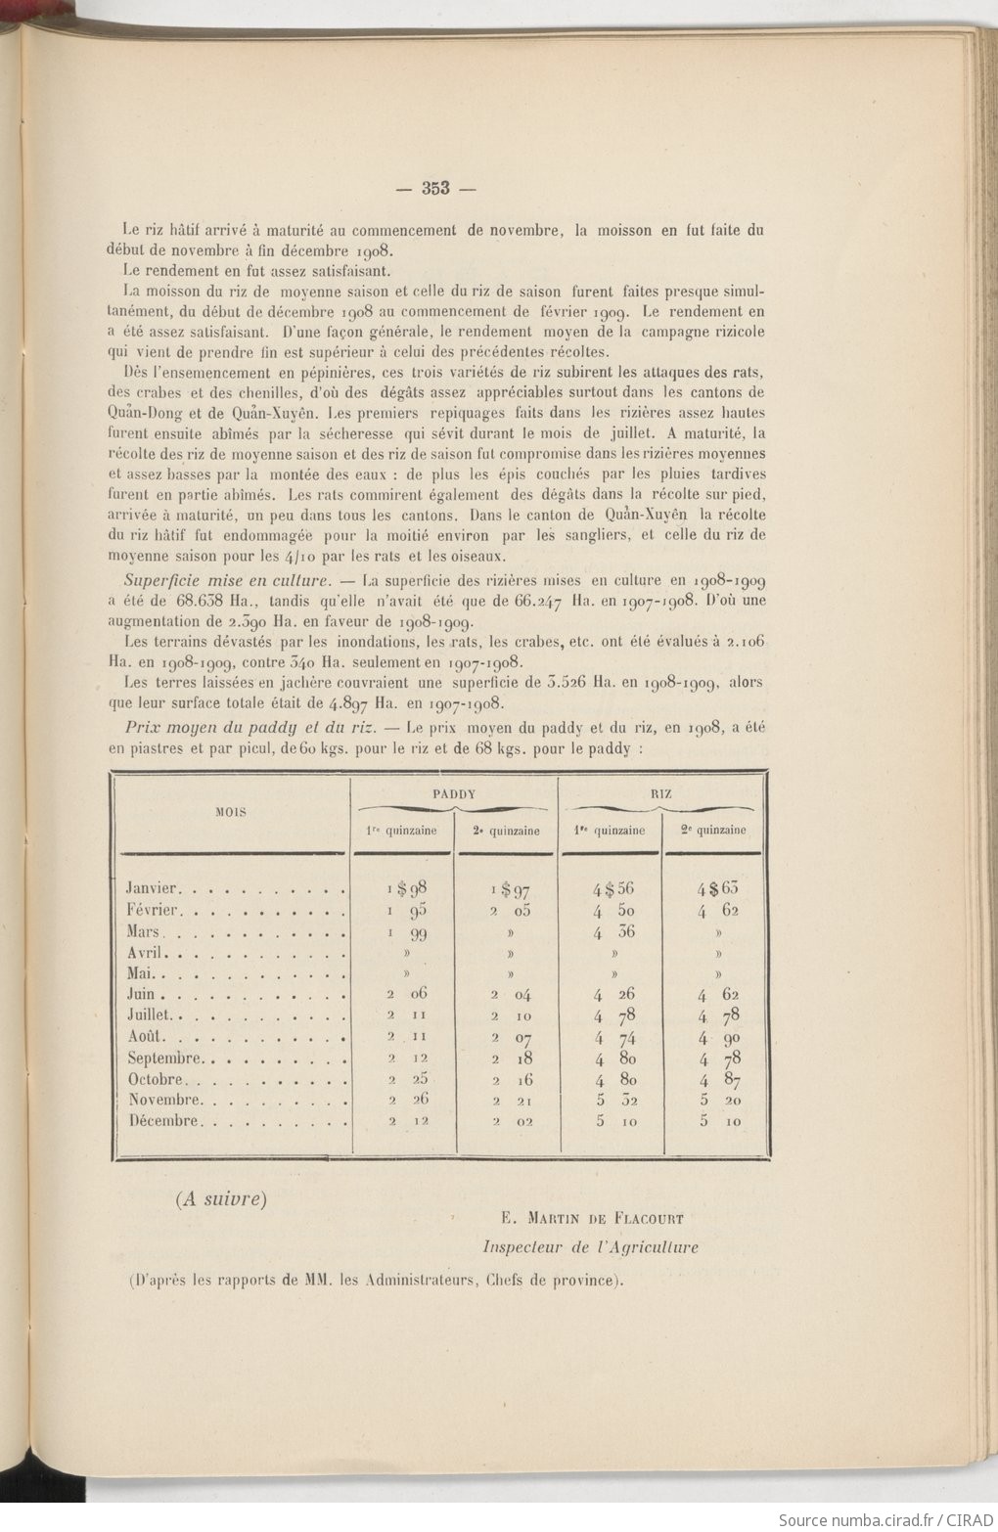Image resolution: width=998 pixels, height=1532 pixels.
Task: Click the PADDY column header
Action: click(x=453, y=794)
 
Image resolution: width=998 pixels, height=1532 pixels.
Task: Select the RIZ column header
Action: click(x=660, y=794)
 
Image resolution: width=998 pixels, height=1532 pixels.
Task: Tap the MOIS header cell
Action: click(x=231, y=812)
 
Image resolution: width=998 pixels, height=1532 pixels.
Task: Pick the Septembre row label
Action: click(x=164, y=1059)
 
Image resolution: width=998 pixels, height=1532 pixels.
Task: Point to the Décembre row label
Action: click(x=164, y=1121)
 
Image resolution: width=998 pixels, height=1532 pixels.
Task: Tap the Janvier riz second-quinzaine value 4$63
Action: click(x=717, y=888)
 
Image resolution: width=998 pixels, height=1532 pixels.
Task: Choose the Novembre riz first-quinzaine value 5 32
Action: click(x=614, y=1101)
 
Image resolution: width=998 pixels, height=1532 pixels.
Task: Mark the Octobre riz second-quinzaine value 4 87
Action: click(x=718, y=1080)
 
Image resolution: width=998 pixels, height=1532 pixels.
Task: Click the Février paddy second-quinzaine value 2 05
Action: click(x=510, y=910)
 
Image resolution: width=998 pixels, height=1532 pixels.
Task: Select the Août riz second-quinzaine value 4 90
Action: click(x=718, y=1037)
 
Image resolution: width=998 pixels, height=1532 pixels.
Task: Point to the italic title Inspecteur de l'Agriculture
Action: click(x=590, y=1247)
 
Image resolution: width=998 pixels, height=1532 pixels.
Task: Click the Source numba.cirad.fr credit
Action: click(x=885, y=1519)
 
